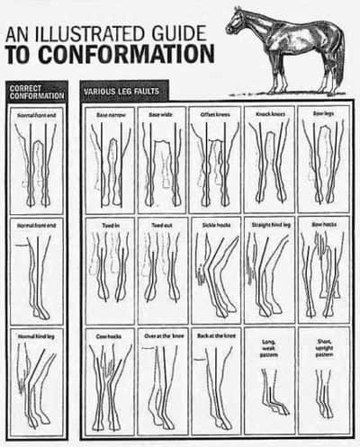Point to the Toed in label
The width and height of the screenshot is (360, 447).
tap(109, 225)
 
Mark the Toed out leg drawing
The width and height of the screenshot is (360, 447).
tap(162, 270)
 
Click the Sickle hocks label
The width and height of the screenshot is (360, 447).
tap(214, 225)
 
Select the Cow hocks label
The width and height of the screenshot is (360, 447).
tap(109, 335)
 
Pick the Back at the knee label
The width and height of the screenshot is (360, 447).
tap(214, 335)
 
